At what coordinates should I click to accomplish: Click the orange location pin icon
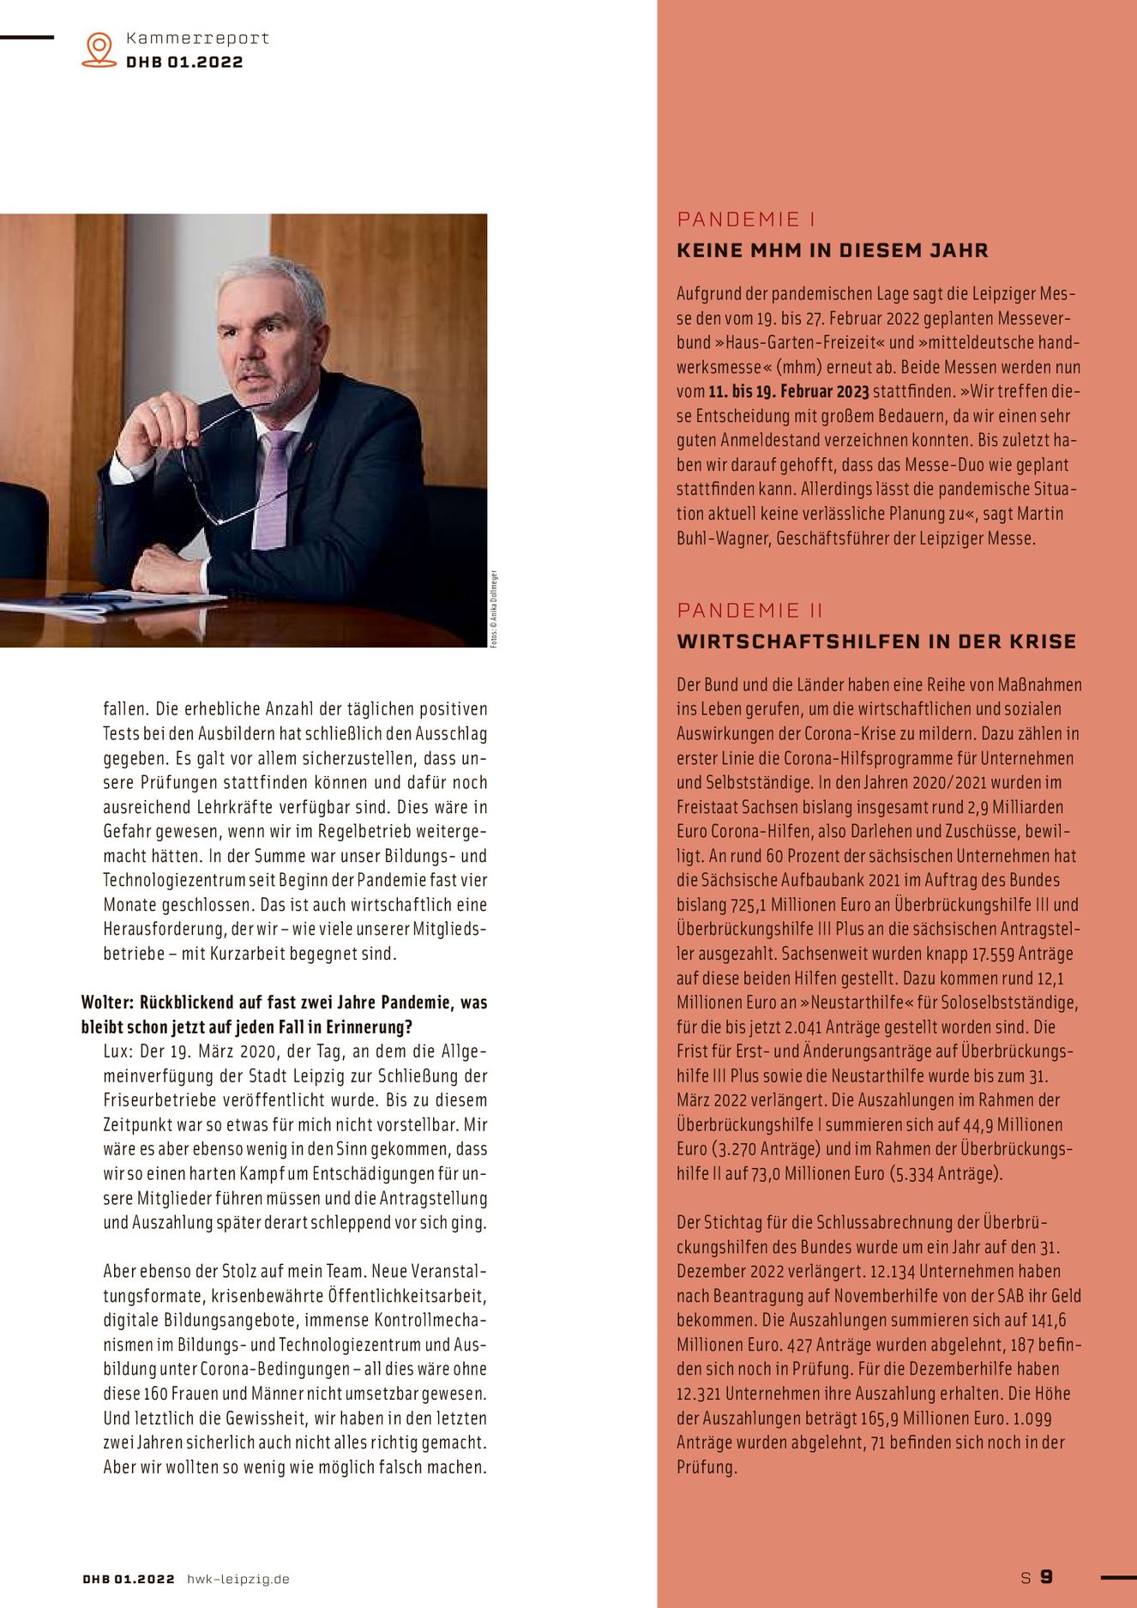(99, 50)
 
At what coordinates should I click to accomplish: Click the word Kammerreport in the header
(197, 39)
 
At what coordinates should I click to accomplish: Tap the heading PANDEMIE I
(746, 220)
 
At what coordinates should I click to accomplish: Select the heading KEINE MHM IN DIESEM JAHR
(833, 250)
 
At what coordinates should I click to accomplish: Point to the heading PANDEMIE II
(749, 611)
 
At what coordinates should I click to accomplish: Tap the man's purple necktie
(274, 489)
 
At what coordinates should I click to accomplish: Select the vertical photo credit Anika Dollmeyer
(494, 609)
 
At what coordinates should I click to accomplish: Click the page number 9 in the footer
(1046, 1577)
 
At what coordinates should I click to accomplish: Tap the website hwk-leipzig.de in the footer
(238, 1579)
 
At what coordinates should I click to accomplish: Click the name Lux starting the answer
(117, 1051)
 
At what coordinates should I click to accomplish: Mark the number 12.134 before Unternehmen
(892, 1272)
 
